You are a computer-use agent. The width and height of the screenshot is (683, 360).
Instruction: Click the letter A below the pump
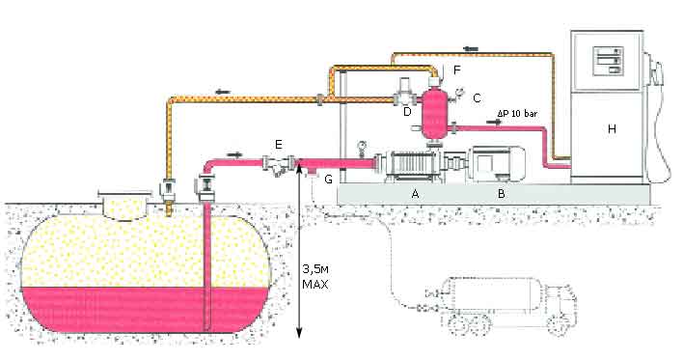tap(415, 193)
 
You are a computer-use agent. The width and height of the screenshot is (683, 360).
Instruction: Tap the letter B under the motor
tap(502, 193)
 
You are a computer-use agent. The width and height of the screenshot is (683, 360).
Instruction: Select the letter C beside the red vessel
tap(477, 98)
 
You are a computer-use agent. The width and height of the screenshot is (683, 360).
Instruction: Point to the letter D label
tap(407, 112)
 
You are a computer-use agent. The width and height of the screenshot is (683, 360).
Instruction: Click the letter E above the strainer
tap(279, 144)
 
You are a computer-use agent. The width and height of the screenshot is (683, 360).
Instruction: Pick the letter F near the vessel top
tap(456, 69)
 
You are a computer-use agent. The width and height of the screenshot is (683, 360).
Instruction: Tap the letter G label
tap(329, 179)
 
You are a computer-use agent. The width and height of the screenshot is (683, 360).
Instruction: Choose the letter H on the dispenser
tap(612, 128)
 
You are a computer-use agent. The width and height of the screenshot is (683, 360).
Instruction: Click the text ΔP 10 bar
tap(517, 114)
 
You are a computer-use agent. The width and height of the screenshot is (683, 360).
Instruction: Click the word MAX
tap(315, 285)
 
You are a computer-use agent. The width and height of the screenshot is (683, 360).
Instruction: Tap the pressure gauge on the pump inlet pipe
tap(361, 147)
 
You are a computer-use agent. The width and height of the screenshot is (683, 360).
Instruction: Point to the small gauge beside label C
tap(458, 93)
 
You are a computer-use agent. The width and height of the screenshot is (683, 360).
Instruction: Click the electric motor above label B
tap(496, 163)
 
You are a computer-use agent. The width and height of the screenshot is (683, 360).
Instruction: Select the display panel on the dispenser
tap(608, 61)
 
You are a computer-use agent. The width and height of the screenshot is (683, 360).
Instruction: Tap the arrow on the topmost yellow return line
tap(471, 48)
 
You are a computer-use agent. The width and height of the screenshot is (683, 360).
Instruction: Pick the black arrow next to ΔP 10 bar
tap(494, 123)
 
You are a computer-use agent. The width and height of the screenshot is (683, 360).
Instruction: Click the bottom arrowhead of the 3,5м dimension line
tap(299, 333)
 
